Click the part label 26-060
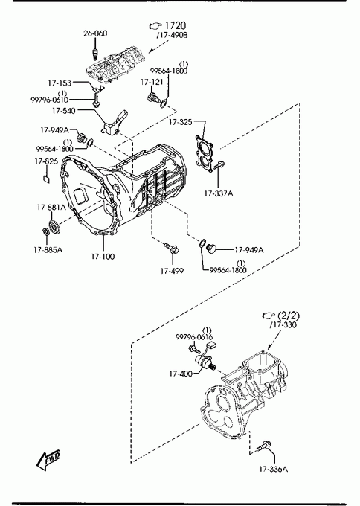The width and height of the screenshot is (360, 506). coord(95,33)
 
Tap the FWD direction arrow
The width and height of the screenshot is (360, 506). coord(48,459)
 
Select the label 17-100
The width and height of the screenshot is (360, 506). coord(103,257)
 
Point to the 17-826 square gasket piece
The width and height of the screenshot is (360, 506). coord(47,179)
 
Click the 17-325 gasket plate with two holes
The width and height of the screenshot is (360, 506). coord(204,154)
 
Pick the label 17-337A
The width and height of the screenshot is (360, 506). coord(219,193)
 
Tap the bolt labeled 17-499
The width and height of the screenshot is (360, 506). coord(172,249)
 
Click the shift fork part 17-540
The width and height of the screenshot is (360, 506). coord(114,124)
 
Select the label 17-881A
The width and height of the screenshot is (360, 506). coord(51,208)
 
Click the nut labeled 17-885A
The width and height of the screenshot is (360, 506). coord(46,231)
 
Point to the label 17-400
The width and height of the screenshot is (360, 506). coord(180,374)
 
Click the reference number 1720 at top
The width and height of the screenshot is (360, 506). coord(175,25)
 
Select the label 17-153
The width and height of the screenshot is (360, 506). coord(60,83)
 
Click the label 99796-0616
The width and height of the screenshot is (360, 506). coord(194,337)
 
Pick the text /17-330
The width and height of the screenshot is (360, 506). coord(283,324)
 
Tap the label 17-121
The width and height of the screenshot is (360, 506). coord(152,82)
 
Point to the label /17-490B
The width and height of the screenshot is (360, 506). coord(172,35)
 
